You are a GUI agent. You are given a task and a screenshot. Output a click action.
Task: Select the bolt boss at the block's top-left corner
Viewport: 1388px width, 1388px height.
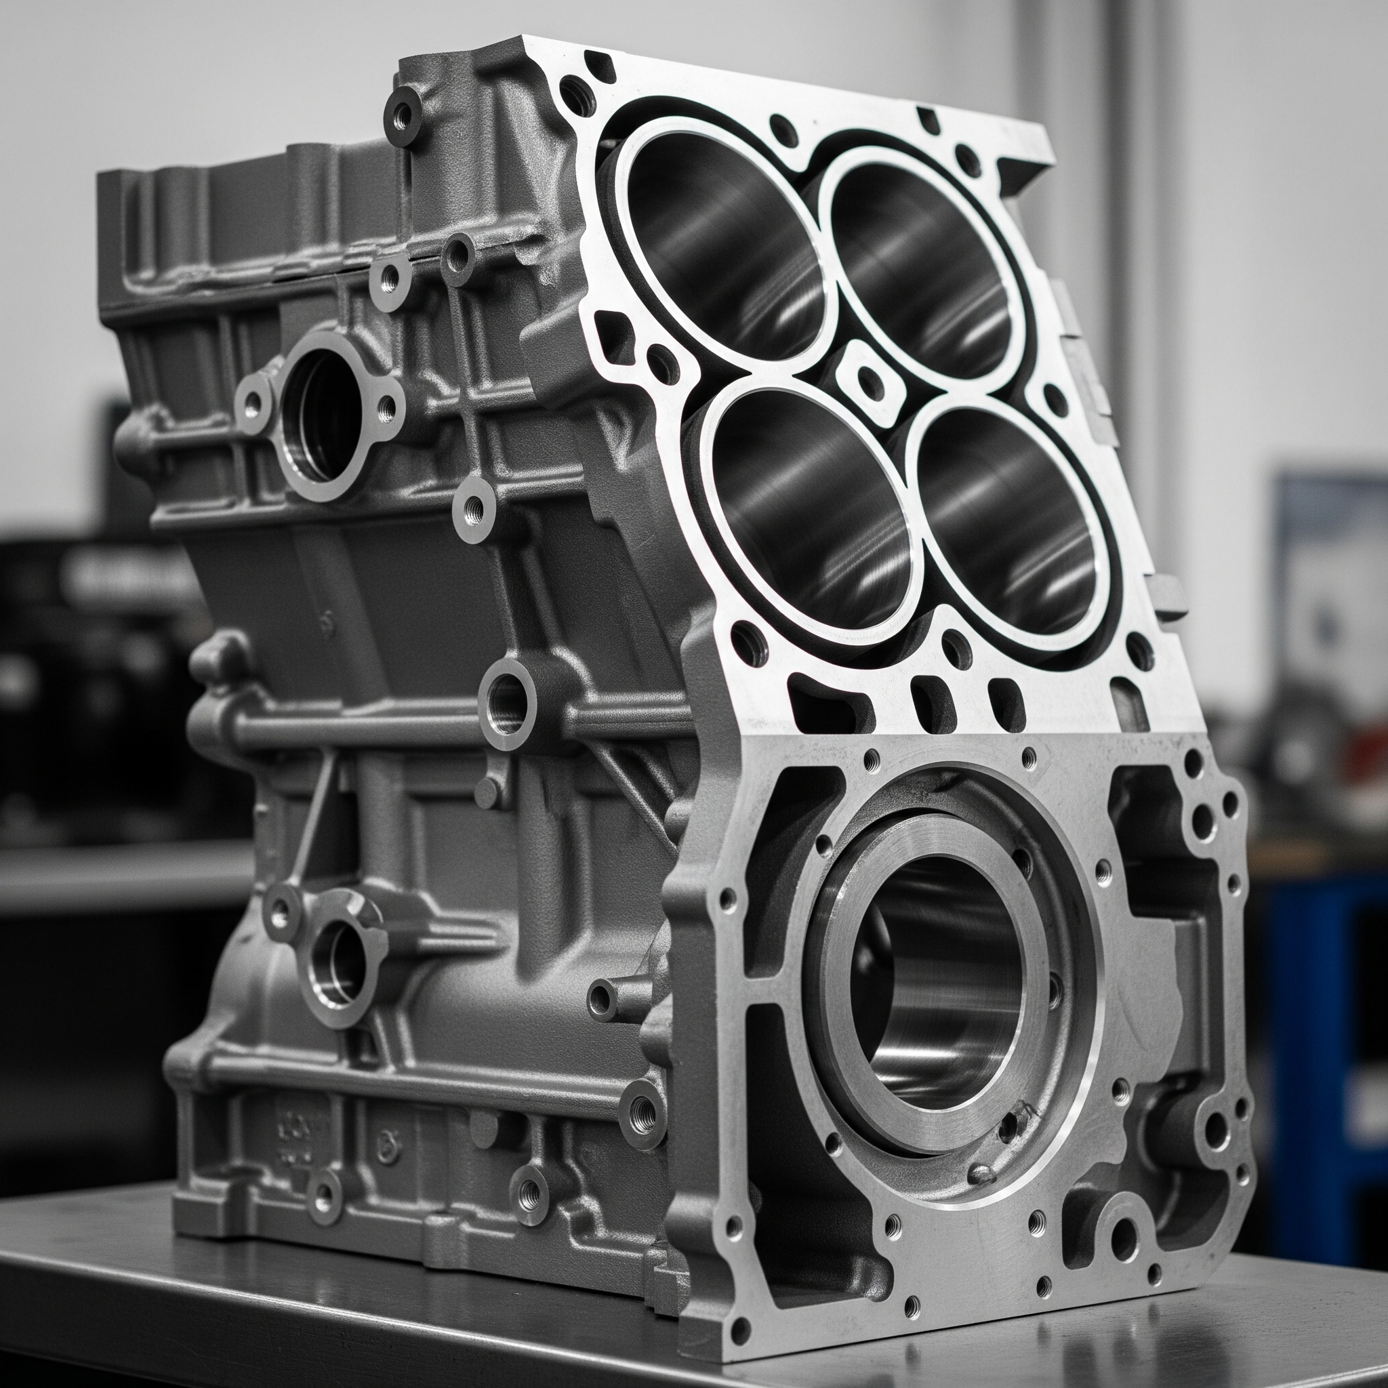(403, 115)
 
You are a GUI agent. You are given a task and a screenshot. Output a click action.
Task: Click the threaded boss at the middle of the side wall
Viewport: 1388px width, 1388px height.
(507, 701)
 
